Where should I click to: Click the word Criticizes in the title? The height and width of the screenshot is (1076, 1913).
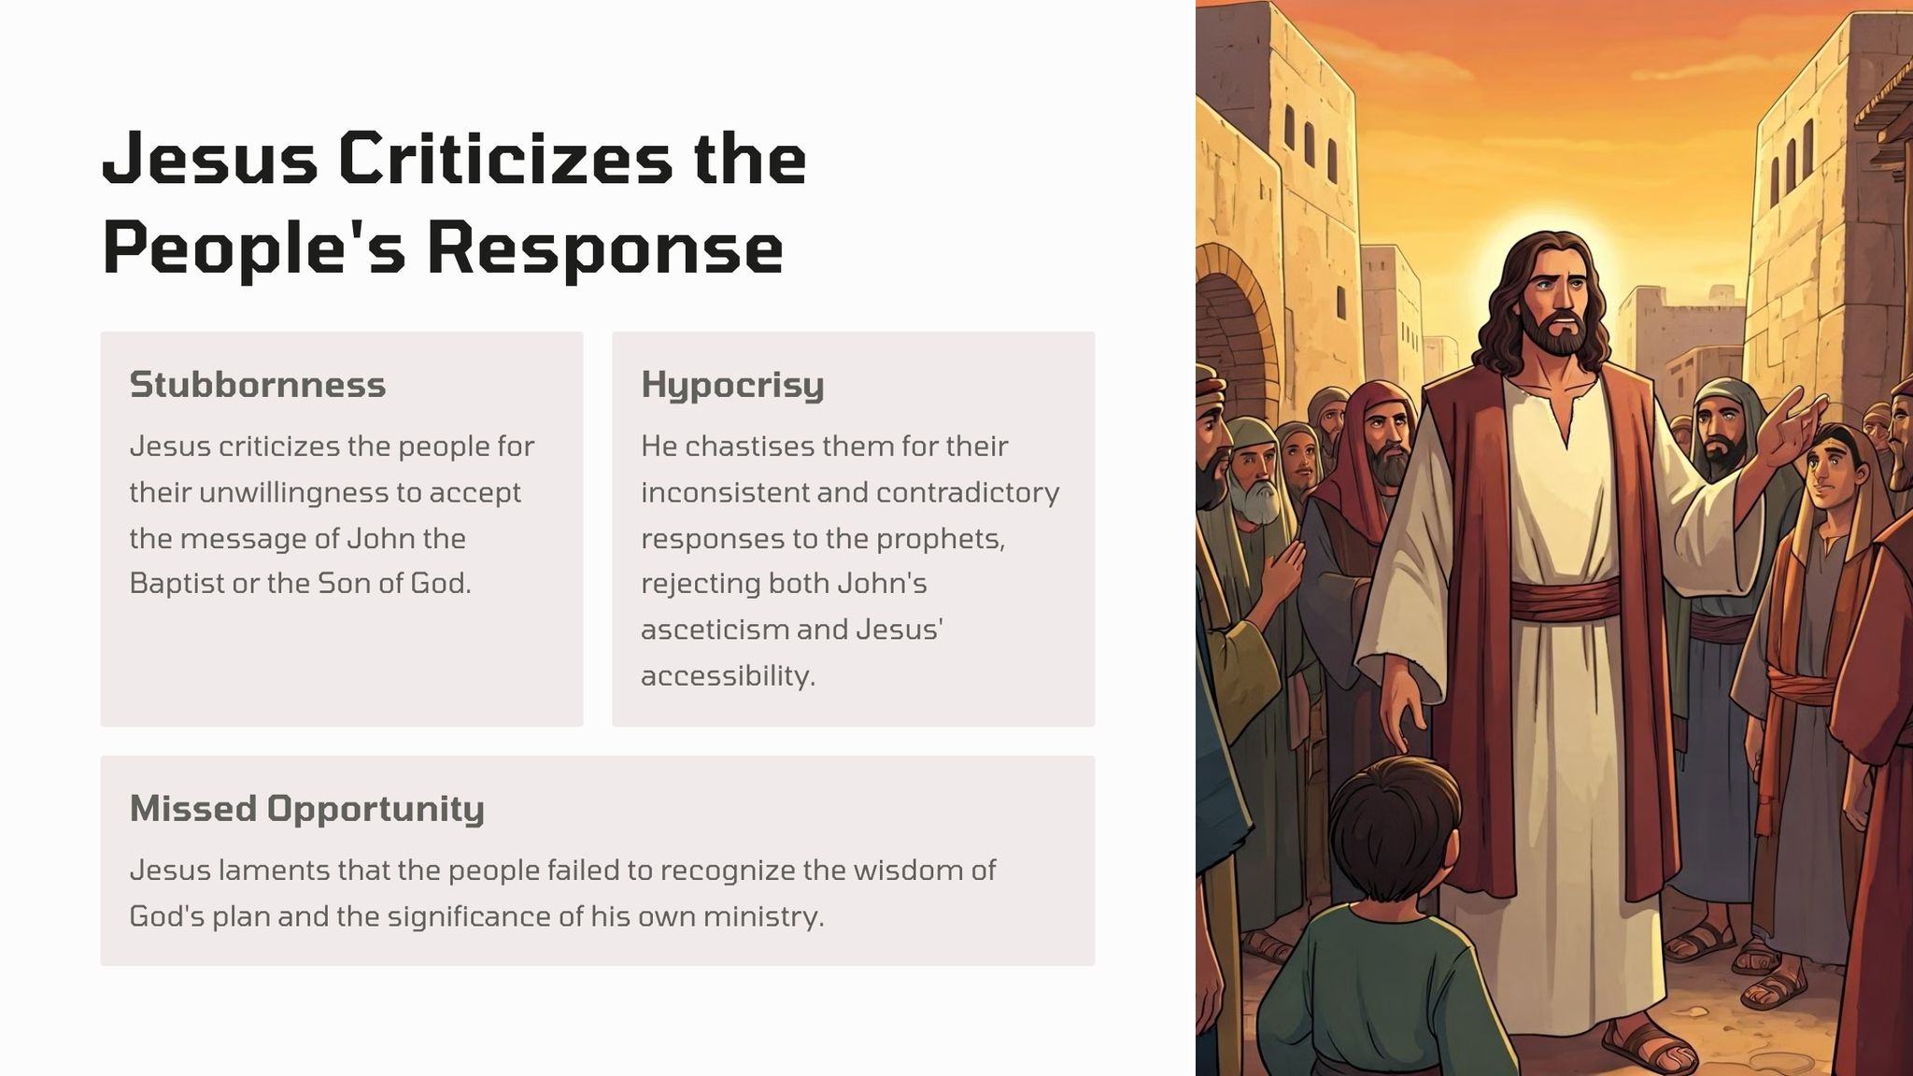pos(505,158)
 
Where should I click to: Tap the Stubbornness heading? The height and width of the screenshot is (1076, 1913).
pos(258,384)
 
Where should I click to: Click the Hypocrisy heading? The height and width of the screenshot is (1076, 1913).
pos(732,386)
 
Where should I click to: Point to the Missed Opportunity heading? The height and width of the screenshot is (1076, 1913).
pos(307,809)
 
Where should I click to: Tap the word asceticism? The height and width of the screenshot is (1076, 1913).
pos(714,630)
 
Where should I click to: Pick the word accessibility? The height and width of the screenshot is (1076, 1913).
pos(729,676)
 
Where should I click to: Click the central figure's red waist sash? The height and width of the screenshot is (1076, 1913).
pos(1565,599)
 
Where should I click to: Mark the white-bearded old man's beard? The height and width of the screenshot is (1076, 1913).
pos(1255,501)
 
